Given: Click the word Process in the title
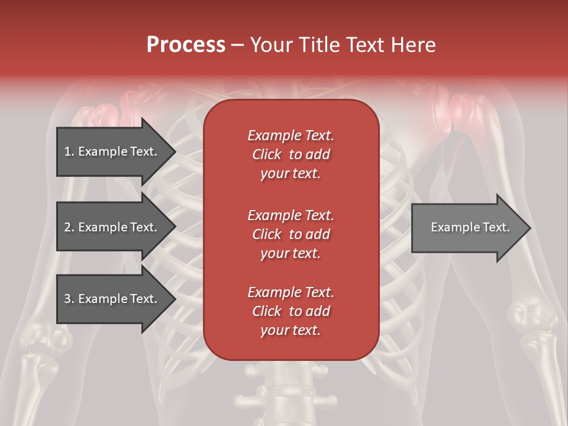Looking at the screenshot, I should point(186,44).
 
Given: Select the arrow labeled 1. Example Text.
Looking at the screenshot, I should point(112,151).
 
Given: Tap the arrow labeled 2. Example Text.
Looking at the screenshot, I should point(112,227).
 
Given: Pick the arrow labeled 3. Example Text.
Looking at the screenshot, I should point(112,299).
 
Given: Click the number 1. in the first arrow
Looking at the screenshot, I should point(69,151).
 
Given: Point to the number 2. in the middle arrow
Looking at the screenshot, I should point(69,227).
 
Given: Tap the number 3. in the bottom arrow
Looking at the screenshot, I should point(69,299).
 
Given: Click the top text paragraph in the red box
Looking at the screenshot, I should point(291,154).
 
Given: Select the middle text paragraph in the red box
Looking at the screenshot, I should point(291,234).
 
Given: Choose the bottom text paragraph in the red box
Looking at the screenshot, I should point(291,311).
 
